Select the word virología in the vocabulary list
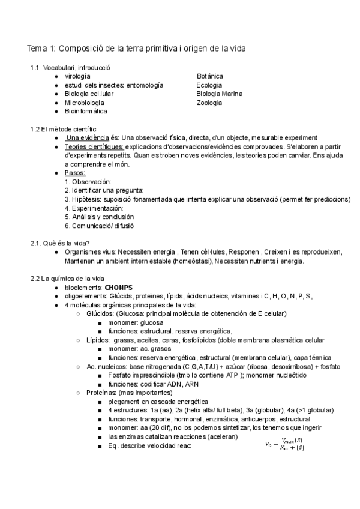[77, 76]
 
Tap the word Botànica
[210, 76]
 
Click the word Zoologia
[209, 103]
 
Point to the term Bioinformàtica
[86, 112]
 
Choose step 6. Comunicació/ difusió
[99, 226]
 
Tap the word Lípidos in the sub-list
[98, 340]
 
